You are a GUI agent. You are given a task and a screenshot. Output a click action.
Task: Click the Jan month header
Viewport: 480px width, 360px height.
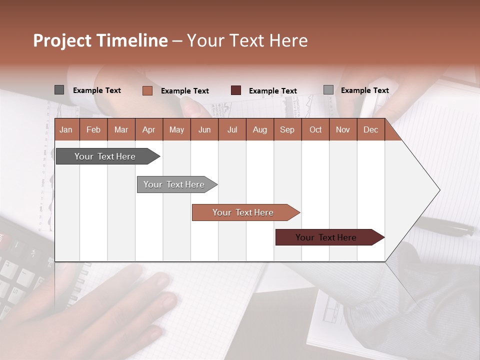(66, 129)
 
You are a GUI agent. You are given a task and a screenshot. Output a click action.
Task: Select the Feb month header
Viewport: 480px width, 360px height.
(93, 129)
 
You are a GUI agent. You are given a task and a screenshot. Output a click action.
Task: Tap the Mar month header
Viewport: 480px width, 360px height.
(121, 129)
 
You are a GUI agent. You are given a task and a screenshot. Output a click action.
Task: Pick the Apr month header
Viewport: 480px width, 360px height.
(148, 129)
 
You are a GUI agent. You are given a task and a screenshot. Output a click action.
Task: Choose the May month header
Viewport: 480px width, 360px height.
(176, 129)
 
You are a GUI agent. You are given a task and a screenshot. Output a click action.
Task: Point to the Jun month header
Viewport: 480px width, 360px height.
(204, 129)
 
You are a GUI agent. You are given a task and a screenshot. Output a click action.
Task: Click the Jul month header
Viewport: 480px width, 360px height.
(232, 129)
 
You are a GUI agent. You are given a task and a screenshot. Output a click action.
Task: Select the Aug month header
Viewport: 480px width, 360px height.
(259, 129)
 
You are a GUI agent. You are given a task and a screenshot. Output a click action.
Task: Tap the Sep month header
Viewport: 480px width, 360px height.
(287, 129)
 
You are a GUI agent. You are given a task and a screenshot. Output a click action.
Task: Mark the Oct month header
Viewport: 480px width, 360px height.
(315, 129)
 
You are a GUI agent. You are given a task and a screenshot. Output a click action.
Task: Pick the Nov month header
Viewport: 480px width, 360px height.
(343, 129)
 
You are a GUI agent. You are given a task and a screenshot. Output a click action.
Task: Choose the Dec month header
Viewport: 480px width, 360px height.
(370, 129)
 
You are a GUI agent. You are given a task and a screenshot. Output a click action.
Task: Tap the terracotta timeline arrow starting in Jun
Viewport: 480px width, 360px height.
(243, 212)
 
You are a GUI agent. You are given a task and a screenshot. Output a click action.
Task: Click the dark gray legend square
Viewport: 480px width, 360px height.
(59, 90)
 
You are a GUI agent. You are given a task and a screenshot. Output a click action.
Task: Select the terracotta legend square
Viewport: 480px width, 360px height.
(147, 90)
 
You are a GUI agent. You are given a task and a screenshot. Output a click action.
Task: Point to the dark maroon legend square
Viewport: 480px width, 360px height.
(236, 90)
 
